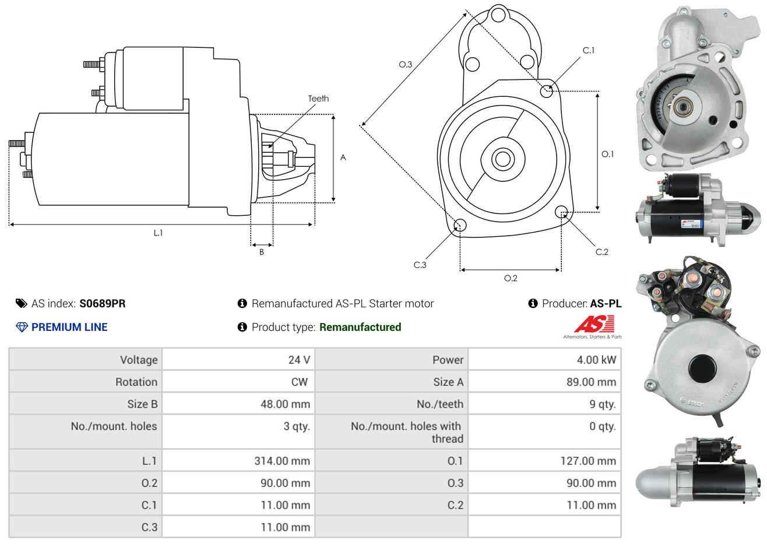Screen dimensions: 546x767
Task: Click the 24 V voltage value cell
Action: [298, 360]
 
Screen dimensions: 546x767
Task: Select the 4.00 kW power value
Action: [596, 360]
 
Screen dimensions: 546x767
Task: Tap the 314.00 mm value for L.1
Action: [282, 461]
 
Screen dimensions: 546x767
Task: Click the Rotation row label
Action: [136, 382]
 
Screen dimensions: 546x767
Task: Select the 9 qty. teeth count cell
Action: [602, 404]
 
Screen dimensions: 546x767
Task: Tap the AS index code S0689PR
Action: [102, 303]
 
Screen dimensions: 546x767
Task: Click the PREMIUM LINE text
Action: [69, 327]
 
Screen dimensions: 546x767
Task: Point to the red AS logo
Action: [594, 324]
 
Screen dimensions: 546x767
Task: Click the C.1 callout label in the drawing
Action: [589, 50]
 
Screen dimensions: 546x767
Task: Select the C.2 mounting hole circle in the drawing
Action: [562, 212]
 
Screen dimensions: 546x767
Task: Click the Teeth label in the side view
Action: [318, 99]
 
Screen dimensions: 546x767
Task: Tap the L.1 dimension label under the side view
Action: [158, 233]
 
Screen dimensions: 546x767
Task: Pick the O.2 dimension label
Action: [511, 278]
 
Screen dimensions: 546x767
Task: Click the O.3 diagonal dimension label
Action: [405, 64]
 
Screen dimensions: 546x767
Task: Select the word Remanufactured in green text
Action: [360, 327]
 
